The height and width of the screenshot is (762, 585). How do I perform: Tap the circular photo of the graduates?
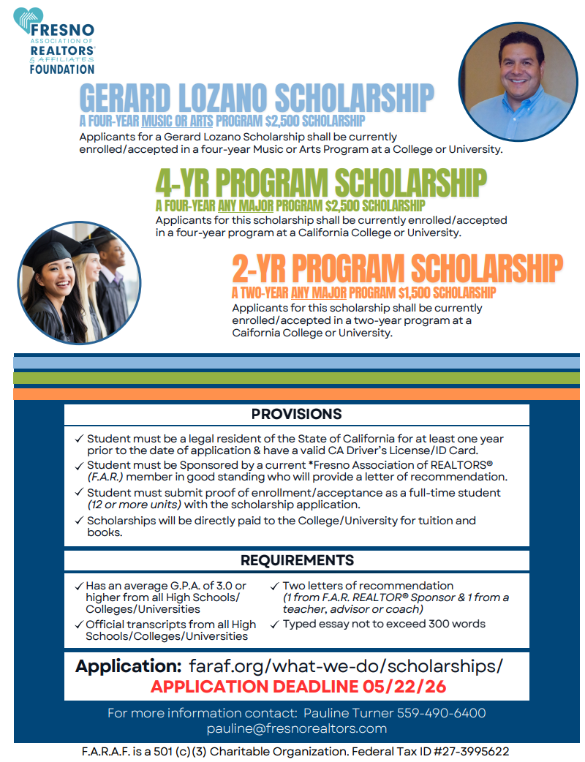point(73,282)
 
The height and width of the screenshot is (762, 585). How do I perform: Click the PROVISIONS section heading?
point(296,414)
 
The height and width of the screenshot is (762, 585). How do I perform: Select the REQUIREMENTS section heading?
point(296,560)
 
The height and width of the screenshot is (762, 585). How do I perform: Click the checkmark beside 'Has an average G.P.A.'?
point(78,586)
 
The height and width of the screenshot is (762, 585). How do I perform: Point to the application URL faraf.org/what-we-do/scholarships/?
point(346,666)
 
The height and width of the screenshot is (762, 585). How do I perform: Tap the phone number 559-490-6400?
point(441,713)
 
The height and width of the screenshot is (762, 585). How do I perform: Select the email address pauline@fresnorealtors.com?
point(296,728)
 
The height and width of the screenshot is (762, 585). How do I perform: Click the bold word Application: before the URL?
point(128,666)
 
